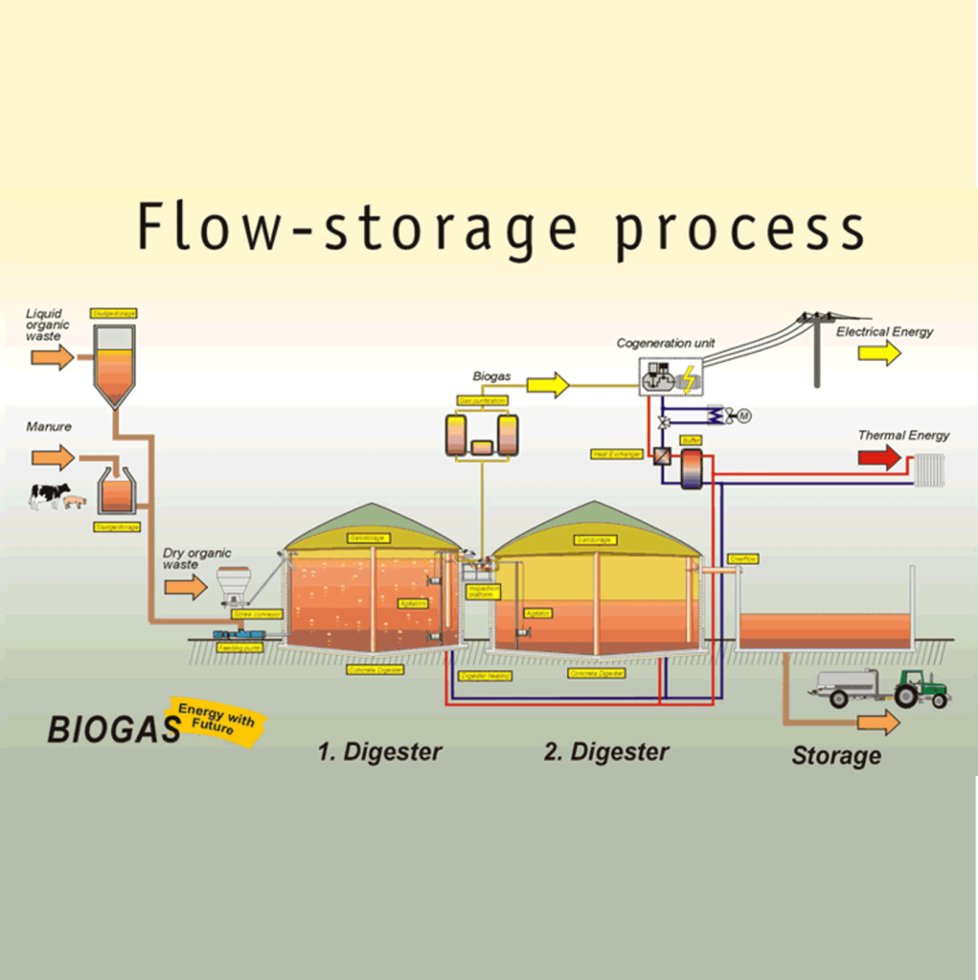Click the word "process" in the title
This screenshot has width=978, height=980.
click(x=739, y=230)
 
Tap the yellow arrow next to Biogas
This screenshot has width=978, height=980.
click(x=548, y=386)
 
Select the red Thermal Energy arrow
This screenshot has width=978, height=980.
click(x=879, y=457)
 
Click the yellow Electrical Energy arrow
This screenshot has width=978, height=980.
click(x=878, y=353)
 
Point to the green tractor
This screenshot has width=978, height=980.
click(x=921, y=688)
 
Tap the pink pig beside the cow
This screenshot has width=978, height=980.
click(x=75, y=501)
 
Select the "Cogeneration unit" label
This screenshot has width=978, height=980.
click(x=665, y=343)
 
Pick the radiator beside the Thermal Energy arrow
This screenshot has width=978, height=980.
click(x=929, y=469)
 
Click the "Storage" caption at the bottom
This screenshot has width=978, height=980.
click(x=835, y=756)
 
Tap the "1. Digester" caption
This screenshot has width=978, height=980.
click(x=379, y=752)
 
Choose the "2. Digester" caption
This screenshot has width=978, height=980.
click(x=606, y=752)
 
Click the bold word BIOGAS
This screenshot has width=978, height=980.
click(x=114, y=730)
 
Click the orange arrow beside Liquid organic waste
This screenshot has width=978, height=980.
click(x=52, y=358)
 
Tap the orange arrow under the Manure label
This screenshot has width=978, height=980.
click(x=52, y=457)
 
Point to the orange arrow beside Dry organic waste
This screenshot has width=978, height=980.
click(x=185, y=586)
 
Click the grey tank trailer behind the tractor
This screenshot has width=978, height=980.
click(x=847, y=685)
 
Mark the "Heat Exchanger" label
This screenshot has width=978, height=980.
click(x=617, y=454)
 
